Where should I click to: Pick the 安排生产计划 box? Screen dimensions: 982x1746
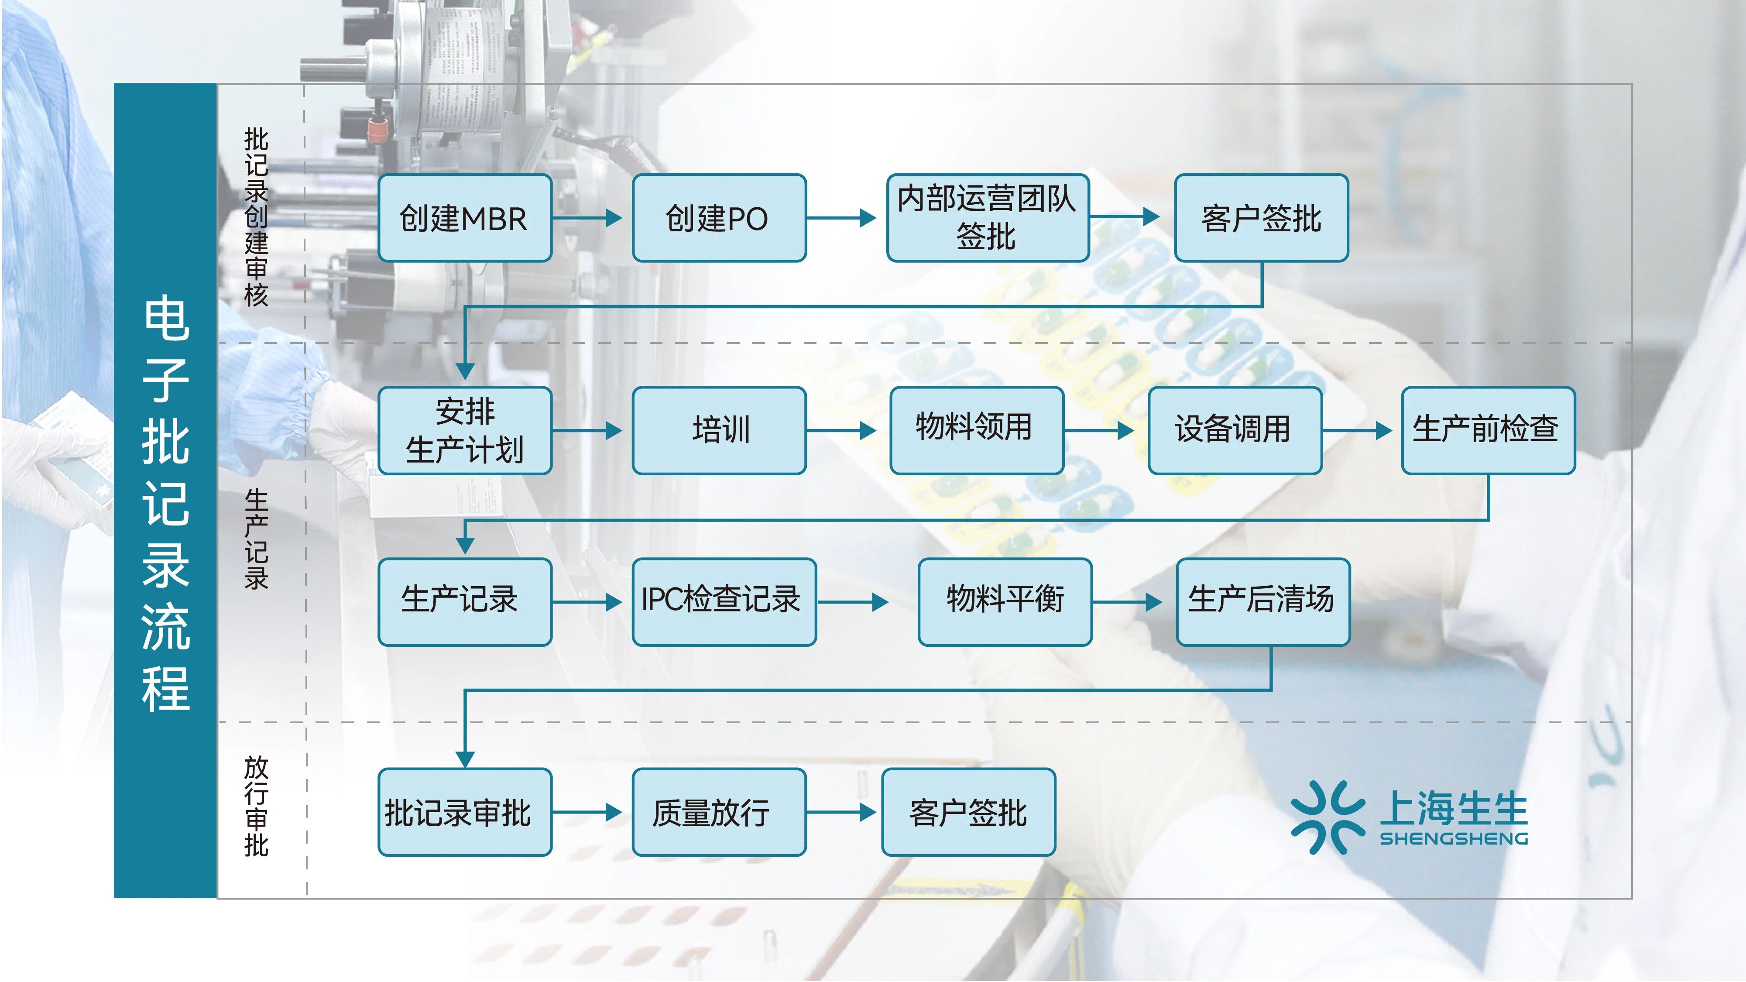[x=464, y=430]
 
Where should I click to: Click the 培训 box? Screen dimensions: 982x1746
[x=718, y=430]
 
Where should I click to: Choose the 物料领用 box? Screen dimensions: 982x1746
[x=976, y=430]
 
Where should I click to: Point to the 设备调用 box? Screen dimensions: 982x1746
[x=1234, y=430]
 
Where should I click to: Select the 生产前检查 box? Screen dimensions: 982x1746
[x=1488, y=430]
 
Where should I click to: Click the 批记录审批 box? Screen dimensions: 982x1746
[x=464, y=812]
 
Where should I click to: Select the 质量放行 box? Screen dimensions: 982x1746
[x=718, y=812]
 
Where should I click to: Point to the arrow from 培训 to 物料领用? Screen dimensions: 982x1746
[x=840, y=430]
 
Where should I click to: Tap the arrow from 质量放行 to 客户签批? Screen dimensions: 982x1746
[x=840, y=812]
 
